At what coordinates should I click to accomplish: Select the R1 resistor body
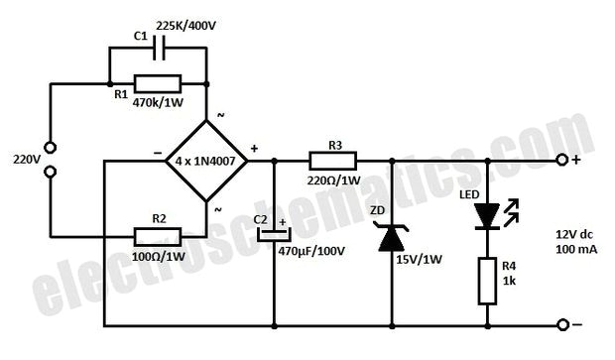pos(157,82)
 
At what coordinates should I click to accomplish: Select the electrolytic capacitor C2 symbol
pos(273,236)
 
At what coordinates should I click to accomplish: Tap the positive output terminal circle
pos(563,159)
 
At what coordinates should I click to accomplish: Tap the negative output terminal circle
pos(563,324)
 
